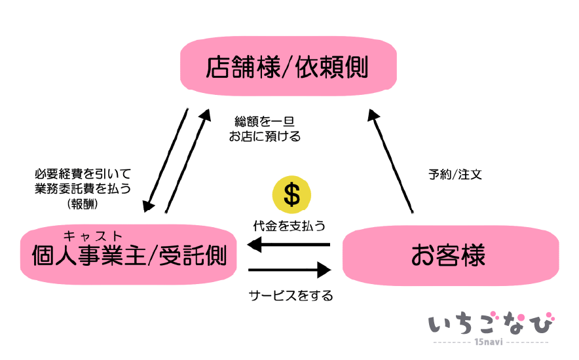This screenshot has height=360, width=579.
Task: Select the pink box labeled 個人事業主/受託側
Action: (x=130, y=256)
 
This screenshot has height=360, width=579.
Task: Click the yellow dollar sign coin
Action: (x=291, y=195)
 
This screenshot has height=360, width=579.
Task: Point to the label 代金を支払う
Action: (x=289, y=225)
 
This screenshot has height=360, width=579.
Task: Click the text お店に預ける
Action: (x=265, y=137)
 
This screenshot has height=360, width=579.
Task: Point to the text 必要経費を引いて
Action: (x=83, y=174)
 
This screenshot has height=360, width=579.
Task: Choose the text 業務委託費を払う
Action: (x=83, y=189)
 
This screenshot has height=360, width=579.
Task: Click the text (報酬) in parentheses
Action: (x=83, y=204)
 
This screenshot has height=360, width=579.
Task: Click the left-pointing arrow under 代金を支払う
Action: (x=288, y=245)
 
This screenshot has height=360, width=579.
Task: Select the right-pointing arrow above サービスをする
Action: (x=288, y=269)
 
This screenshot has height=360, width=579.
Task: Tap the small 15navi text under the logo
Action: (x=491, y=342)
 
